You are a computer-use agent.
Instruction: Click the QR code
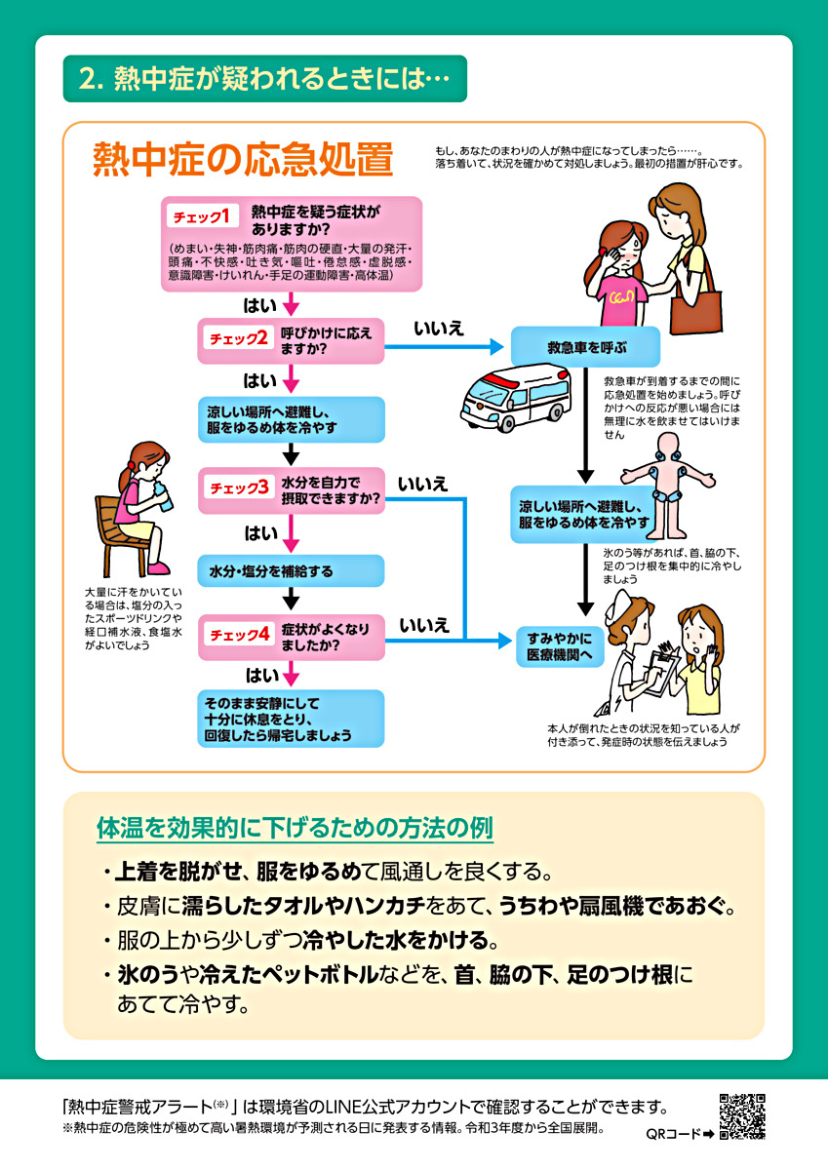pyautogui.click(x=743, y=1117)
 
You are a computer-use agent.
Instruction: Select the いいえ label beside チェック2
pyautogui.click(x=438, y=329)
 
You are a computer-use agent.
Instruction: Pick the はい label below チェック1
pyautogui.click(x=260, y=304)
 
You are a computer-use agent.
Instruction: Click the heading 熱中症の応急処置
pyautogui.click(x=243, y=161)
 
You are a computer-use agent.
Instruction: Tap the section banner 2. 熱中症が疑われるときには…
pyautogui.click(x=264, y=79)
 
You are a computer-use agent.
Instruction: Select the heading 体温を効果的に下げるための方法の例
pyautogui.click(x=296, y=829)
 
